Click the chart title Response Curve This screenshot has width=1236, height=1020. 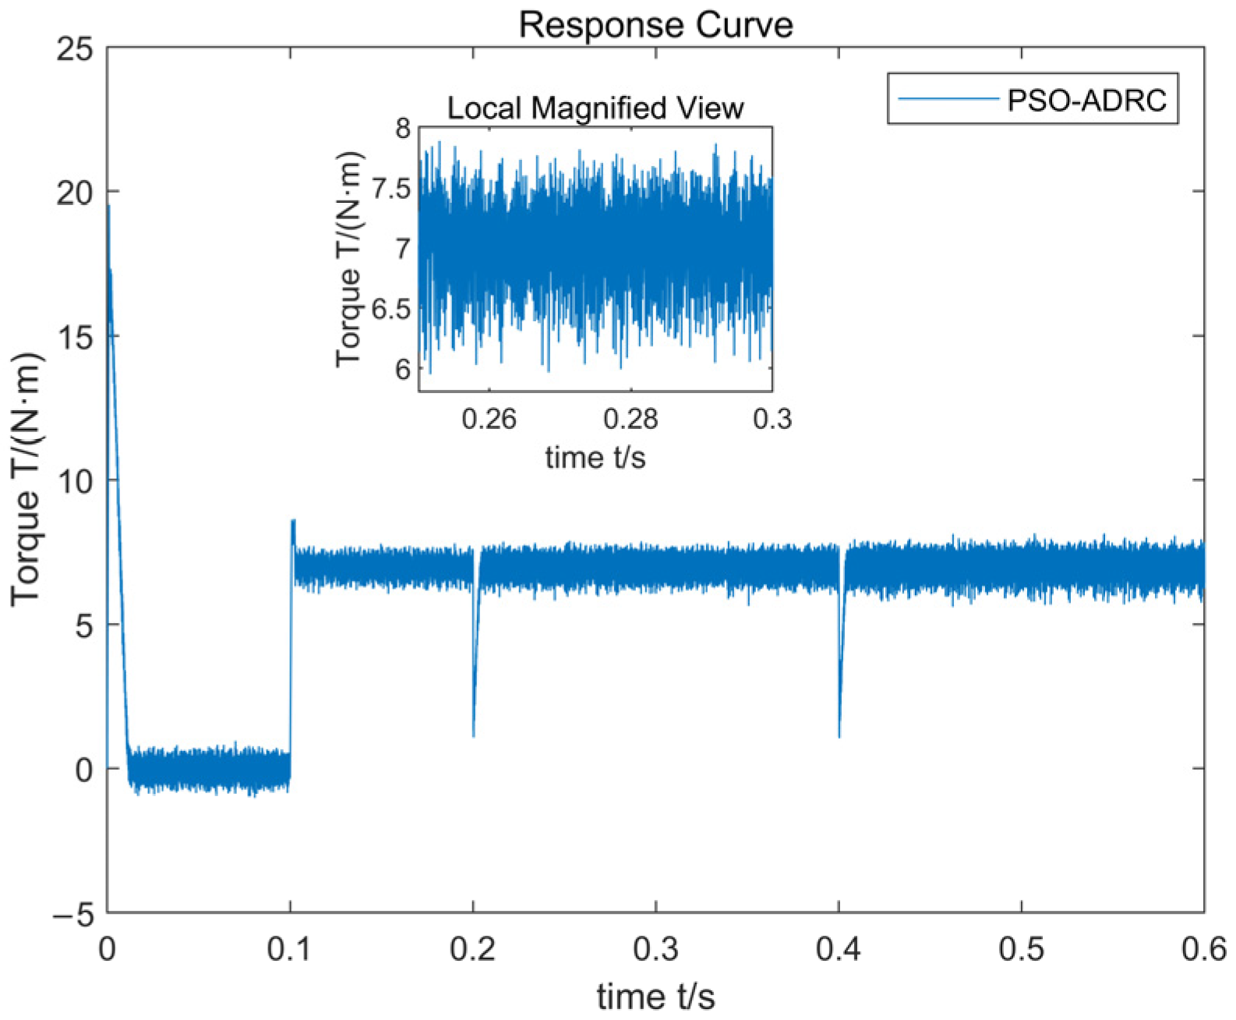click(655, 25)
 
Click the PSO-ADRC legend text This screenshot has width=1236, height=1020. click(1087, 100)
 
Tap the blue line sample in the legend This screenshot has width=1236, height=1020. click(948, 99)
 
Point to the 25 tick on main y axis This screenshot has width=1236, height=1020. click(75, 50)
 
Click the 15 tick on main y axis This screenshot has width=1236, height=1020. click(75, 337)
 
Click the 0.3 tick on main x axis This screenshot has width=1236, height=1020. click(656, 950)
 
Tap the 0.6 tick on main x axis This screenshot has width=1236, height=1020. click(1203, 950)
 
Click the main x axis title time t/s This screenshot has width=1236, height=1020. click(655, 997)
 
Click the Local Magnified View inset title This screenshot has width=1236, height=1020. click(595, 108)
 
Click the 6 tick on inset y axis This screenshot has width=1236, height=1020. click(402, 369)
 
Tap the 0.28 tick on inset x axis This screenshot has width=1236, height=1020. click(630, 419)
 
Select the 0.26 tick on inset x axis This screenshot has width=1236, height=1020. click(489, 419)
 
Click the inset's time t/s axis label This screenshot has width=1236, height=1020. click(595, 457)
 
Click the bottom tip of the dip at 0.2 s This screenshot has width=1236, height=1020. click(474, 735)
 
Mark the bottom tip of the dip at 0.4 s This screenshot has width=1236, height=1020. click(839, 735)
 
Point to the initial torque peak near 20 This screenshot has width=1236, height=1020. click(108, 206)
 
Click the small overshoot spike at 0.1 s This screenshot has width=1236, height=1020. click(293, 521)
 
